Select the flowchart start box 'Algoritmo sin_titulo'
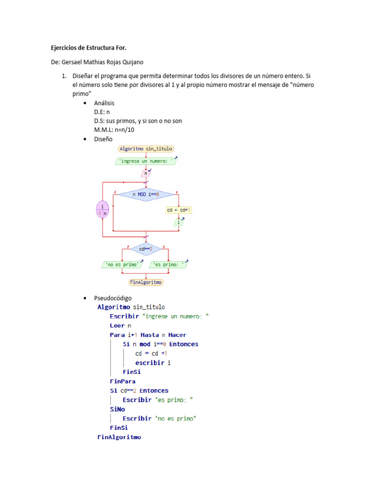coord(146,149)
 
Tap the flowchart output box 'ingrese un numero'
coord(146,161)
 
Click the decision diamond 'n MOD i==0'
coord(146,194)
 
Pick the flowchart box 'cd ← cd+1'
coord(179,210)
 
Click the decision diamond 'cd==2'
coord(145,249)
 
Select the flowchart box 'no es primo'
coord(122,265)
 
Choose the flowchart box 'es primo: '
coord(169,265)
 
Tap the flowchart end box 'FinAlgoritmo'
coord(146,282)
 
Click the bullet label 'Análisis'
coord(104,103)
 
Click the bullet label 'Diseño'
coord(103,139)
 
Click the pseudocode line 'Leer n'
coord(120,326)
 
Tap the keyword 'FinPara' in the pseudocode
coord(123,382)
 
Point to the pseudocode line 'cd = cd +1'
coord(151,353)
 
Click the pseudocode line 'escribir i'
coord(153,363)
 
